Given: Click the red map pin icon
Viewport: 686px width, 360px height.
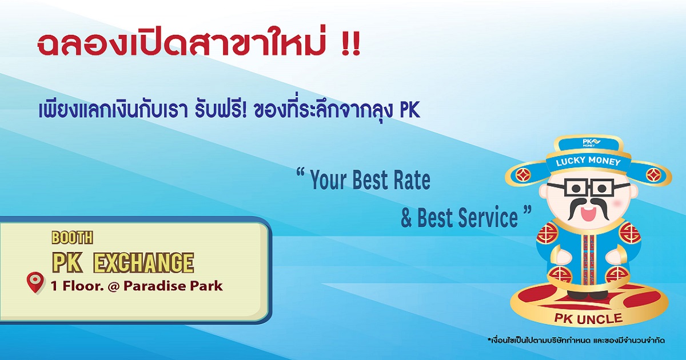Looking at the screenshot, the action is (35, 282).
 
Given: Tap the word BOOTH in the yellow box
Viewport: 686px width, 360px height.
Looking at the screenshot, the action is (72, 238).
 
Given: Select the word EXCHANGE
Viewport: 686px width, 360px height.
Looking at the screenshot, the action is (143, 263).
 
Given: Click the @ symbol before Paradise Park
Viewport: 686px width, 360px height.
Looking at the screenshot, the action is (113, 286).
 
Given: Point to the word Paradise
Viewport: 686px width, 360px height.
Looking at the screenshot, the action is (155, 286).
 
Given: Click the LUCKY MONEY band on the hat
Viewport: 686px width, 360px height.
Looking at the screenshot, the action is (588, 162).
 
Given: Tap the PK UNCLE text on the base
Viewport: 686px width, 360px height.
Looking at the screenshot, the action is (588, 319).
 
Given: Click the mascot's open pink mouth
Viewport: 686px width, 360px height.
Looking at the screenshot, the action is (588, 213).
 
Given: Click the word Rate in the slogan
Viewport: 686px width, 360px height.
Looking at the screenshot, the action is (412, 180).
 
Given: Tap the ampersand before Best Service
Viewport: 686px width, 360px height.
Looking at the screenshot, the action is (406, 218).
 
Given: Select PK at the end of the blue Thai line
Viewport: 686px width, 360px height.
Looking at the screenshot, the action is (410, 111).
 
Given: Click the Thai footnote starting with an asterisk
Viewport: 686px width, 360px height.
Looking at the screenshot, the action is (576, 341).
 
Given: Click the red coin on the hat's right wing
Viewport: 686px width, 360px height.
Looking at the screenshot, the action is (653, 175).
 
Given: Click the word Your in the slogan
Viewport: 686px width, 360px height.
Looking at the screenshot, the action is (328, 180).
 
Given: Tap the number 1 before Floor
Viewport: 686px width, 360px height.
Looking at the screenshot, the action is (54, 286).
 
